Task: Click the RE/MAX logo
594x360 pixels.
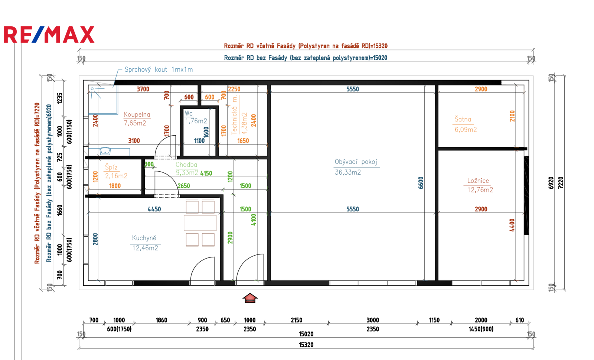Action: click(x=49, y=35)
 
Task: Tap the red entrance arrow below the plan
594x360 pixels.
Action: click(x=250, y=298)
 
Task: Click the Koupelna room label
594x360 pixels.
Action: click(x=137, y=114)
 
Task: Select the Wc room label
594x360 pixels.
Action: click(x=189, y=113)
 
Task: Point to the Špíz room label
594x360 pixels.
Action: click(x=111, y=167)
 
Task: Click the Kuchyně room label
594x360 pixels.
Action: click(x=144, y=238)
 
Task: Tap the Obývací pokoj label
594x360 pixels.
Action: click(x=356, y=162)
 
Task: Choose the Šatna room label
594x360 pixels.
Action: click(x=463, y=119)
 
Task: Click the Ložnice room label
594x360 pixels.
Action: click(x=478, y=181)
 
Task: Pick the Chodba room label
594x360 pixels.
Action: click(x=186, y=165)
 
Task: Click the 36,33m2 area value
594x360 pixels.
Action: click(x=347, y=172)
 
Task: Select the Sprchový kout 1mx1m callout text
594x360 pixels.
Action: click(x=159, y=69)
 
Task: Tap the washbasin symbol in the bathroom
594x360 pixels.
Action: click(x=105, y=151)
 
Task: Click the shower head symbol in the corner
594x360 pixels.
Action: click(x=95, y=93)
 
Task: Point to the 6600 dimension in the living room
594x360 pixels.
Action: click(x=421, y=183)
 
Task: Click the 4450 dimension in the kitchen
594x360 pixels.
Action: click(x=154, y=209)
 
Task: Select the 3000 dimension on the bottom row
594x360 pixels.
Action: click(x=373, y=320)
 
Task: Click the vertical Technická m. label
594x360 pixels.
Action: click(x=234, y=116)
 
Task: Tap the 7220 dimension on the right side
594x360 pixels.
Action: click(x=560, y=183)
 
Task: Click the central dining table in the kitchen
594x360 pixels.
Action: click(x=200, y=223)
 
